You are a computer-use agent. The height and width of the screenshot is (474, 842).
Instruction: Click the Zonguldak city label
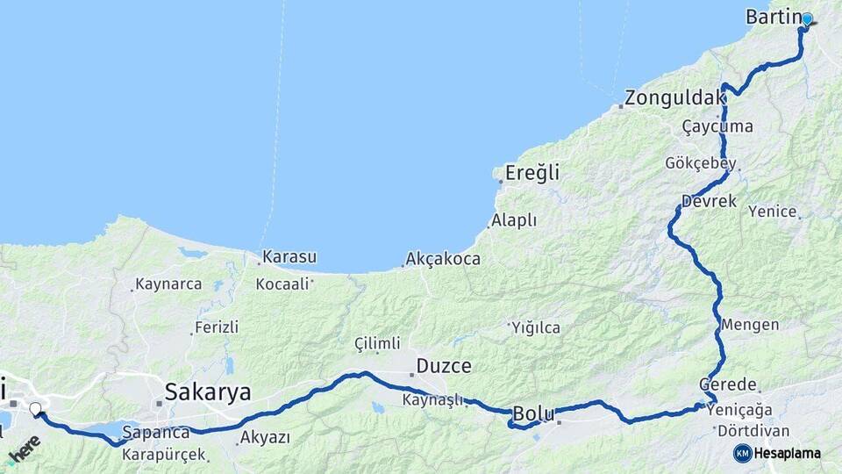(x=670, y=97)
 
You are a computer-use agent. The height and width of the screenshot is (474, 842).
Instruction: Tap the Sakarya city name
(x=209, y=391)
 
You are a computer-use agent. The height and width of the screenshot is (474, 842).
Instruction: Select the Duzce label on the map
(x=444, y=366)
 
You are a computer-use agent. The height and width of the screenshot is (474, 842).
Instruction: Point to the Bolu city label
(x=533, y=413)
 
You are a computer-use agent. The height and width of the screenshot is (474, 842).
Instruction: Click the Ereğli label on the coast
(x=532, y=173)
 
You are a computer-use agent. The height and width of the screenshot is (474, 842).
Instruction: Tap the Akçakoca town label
(x=443, y=260)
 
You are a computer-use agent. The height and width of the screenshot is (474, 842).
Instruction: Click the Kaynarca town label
(x=169, y=284)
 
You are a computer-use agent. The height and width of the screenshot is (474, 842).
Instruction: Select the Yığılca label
(x=537, y=328)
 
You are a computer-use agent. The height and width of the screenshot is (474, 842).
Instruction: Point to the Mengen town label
(x=750, y=324)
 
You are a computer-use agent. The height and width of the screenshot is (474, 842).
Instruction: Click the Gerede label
(x=728, y=385)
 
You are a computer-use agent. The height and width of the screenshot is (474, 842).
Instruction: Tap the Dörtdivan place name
(x=753, y=432)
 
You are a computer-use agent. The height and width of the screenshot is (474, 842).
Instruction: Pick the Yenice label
(x=773, y=212)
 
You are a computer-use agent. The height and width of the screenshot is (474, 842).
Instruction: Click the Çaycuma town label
(x=717, y=126)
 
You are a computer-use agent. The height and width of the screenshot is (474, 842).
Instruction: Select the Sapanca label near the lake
(x=156, y=433)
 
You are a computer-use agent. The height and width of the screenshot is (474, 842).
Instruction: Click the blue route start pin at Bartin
(x=807, y=18)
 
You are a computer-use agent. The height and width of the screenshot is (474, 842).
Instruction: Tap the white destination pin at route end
(x=35, y=408)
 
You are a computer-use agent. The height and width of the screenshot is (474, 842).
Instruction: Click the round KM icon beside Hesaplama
(x=742, y=453)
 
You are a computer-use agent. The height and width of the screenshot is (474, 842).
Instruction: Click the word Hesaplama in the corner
(x=788, y=454)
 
